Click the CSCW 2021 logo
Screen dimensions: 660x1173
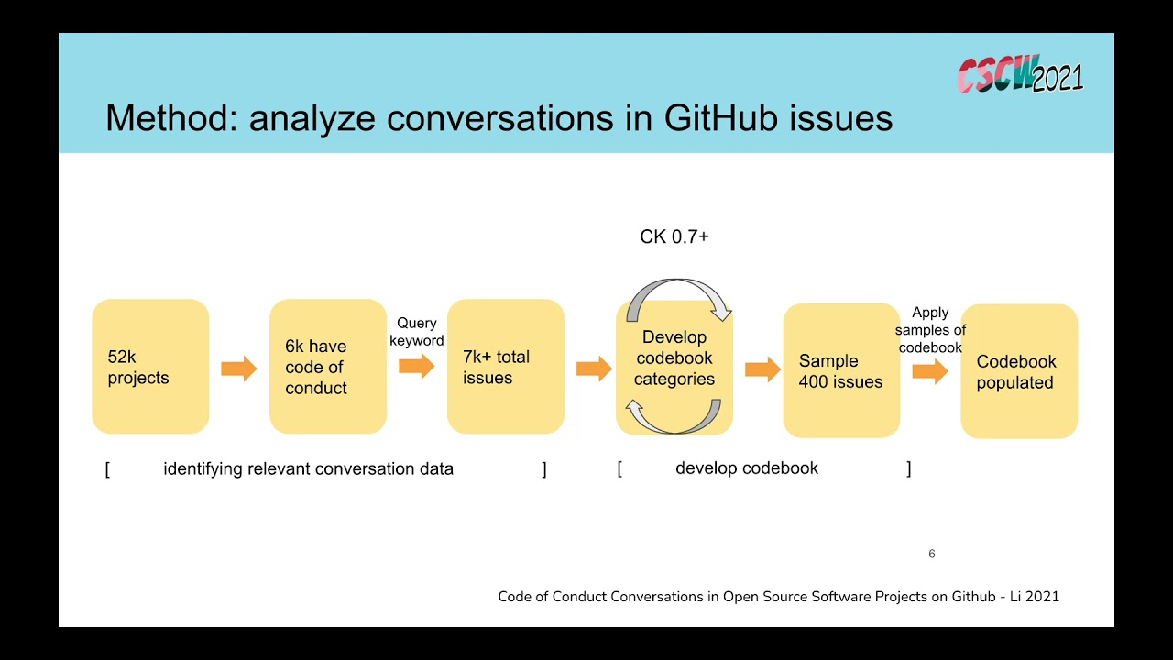(x=1020, y=75)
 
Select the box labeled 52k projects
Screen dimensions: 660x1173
(x=150, y=367)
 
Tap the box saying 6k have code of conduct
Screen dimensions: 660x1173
(x=328, y=367)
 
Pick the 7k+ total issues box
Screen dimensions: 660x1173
(x=505, y=367)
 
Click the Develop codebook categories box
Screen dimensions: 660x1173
(x=674, y=358)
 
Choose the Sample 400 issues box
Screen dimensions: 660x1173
(x=840, y=371)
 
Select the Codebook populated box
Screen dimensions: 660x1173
(x=1018, y=371)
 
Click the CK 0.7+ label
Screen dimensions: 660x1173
(x=674, y=236)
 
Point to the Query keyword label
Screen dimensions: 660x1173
(x=416, y=332)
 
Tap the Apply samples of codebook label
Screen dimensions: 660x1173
(x=930, y=330)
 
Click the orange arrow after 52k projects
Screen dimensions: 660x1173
(x=239, y=369)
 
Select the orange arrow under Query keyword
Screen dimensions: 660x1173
(x=416, y=367)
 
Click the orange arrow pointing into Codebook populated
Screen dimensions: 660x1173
(x=929, y=371)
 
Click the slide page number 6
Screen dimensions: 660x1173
(x=932, y=554)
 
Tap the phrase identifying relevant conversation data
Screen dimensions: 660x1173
(x=308, y=468)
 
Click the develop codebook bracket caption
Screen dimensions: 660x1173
(x=746, y=467)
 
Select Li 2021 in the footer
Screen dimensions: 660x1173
(x=1035, y=597)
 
